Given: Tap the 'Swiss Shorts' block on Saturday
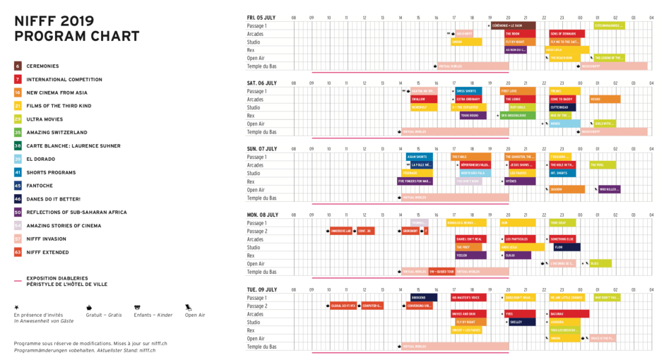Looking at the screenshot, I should (468, 91).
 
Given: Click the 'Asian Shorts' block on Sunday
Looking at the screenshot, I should (419, 157).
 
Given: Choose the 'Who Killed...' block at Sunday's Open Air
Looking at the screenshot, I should (610, 189).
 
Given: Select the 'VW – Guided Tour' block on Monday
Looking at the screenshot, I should (441, 272).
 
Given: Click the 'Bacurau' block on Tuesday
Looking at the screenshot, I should (569, 313).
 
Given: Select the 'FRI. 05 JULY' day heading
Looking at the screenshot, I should (261, 17).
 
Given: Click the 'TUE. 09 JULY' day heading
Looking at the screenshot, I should (262, 289).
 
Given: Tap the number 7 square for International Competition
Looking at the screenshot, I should (18, 80).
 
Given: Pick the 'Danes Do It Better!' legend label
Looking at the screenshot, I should (53, 199).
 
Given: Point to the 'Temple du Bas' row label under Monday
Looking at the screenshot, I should (261, 272).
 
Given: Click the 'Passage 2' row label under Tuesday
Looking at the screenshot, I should (257, 306).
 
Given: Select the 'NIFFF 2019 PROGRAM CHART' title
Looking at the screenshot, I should (76, 29).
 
